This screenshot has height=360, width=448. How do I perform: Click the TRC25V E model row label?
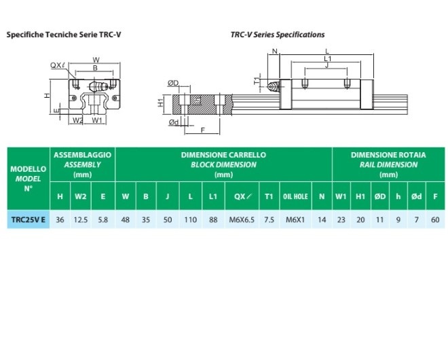click(x=29, y=219)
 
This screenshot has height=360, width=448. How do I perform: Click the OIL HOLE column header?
click(x=295, y=197)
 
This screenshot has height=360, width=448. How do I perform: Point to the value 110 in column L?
click(x=191, y=219)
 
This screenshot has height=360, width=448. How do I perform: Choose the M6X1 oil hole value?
click(x=295, y=219)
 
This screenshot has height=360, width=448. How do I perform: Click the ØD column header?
click(x=379, y=197)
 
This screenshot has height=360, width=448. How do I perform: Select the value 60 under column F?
click(x=434, y=219)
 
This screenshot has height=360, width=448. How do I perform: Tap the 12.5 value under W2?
click(x=80, y=219)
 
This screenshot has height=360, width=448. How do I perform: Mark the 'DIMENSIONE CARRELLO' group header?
click(x=223, y=155)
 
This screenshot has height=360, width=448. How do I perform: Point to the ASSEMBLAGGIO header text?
click(x=82, y=155)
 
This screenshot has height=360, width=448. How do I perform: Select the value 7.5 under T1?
click(x=269, y=219)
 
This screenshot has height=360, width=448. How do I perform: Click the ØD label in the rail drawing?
click(x=173, y=83)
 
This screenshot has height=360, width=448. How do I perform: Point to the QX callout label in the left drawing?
click(x=57, y=65)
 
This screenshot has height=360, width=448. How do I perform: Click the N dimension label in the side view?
click(x=274, y=52)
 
